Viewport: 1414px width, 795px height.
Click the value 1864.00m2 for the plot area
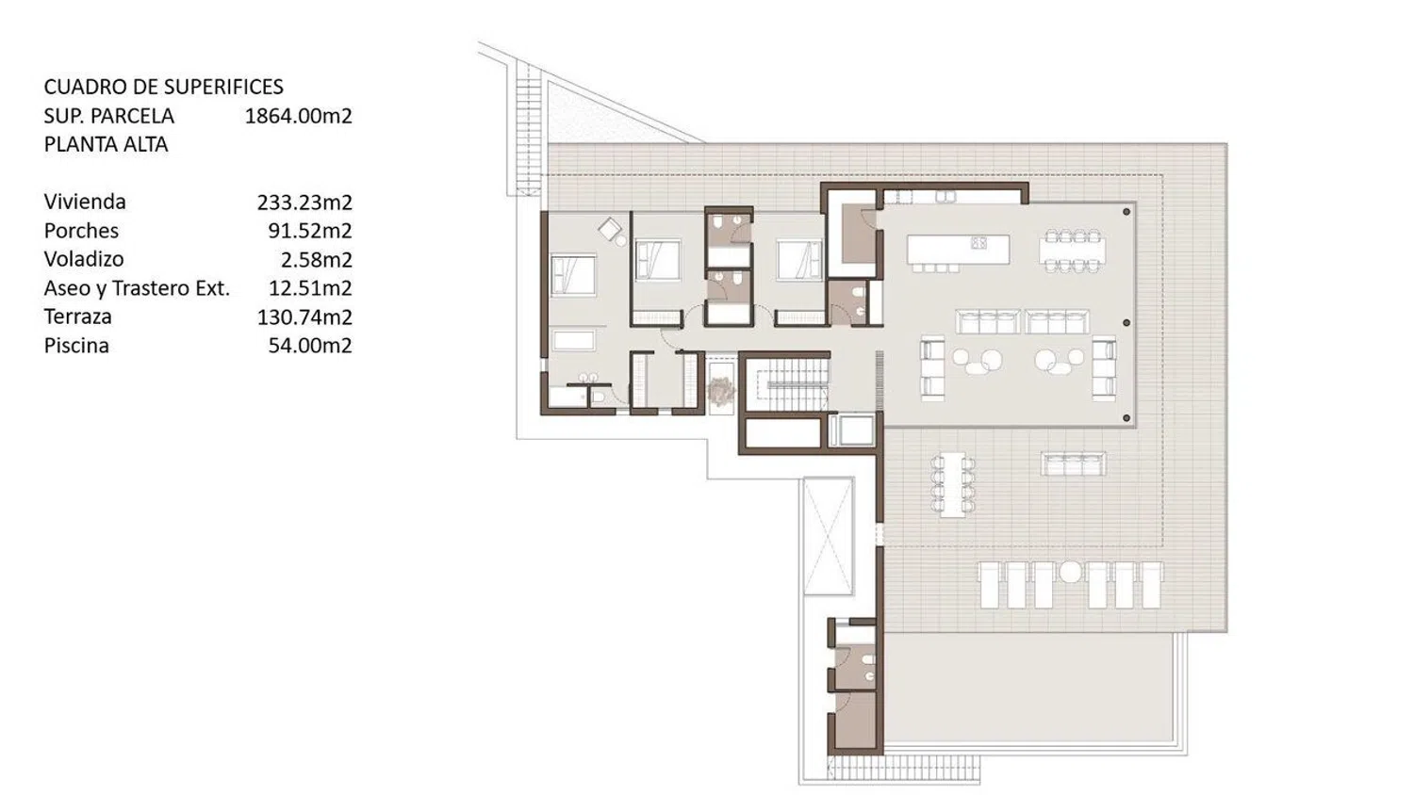point(298,116)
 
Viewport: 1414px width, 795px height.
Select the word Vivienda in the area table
point(85,202)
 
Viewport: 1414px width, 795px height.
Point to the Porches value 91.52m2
point(310,231)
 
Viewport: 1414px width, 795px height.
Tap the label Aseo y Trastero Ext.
point(137,288)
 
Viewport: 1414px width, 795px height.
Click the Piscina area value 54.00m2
point(310,346)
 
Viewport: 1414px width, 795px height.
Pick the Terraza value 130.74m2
point(304,316)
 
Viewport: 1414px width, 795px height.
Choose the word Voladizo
point(84,259)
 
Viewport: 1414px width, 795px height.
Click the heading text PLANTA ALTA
point(106,144)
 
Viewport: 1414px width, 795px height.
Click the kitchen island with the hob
point(959,250)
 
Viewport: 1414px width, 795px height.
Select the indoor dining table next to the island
point(1073,251)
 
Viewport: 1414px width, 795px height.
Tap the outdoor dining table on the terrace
point(952,484)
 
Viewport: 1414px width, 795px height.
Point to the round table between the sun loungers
point(1070,572)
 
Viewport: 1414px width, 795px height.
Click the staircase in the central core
point(787,384)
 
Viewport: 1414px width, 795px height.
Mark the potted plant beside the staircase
point(720,390)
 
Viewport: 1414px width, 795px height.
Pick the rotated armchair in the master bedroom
point(610,229)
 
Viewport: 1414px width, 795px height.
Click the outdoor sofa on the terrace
point(1073,463)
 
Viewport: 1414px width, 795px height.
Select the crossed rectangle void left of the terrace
point(828,536)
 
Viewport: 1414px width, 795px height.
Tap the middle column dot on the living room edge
point(1126,323)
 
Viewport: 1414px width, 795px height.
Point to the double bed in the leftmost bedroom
point(573,274)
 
